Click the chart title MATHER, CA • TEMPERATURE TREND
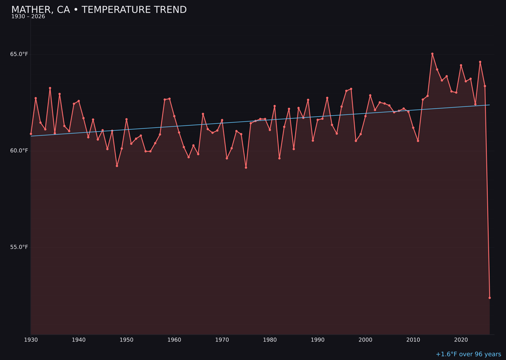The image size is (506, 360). click(x=99, y=10)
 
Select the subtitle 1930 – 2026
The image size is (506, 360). click(x=28, y=17)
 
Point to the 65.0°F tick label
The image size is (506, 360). click(x=19, y=54)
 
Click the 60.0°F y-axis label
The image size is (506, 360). click(x=19, y=150)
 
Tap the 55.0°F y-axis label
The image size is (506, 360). click(x=19, y=247)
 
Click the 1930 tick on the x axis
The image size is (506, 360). click(x=31, y=340)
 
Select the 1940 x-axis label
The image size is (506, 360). click(x=79, y=340)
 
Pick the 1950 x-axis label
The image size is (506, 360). click(x=126, y=340)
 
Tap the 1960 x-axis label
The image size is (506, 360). click(x=174, y=340)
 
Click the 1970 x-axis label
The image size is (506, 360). click(x=222, y=340)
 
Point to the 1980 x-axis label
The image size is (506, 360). click(x=270, y=340)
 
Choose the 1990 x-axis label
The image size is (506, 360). click(x=318, y=340)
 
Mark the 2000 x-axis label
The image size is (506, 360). click(x=365, y=340)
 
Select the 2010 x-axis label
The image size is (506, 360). click(x=413, y=340)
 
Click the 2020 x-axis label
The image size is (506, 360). click(x=461, y=340)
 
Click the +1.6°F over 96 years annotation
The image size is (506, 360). click(x=468, y=354)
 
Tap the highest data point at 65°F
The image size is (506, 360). click(x=432, y=54)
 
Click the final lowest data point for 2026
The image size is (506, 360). click(x=490, y=298)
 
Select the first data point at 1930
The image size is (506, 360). click(x=31, y=134)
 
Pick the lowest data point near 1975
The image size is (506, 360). click(x=246, y=167)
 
